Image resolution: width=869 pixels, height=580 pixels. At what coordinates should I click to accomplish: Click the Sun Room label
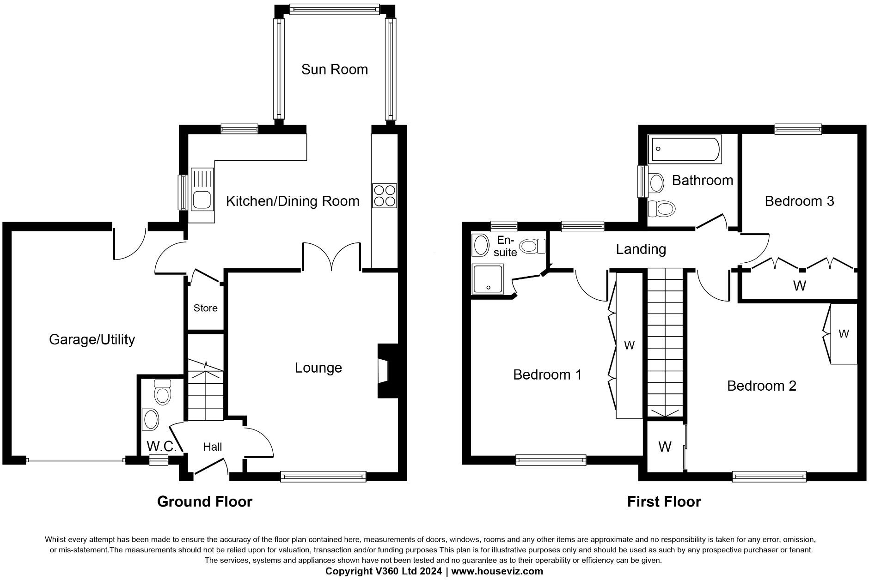[x=334, y=70]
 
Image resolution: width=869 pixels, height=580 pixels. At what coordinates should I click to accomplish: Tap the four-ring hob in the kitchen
[x=384, y=196]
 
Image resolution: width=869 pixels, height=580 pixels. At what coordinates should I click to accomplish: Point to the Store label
[x=205, y=308]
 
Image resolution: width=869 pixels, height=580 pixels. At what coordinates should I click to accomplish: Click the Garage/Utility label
[x=92, y=339]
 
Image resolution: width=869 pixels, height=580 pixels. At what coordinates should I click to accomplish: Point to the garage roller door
[x=75, y=460]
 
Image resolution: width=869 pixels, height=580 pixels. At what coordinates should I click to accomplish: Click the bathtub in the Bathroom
[x=685, y=149]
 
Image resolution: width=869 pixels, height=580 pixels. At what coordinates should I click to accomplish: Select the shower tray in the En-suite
[x=488, y=279]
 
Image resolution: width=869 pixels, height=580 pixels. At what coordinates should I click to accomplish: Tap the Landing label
[x=641, y=249]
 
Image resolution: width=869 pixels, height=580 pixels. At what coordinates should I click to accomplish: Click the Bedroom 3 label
[x=799, y=201]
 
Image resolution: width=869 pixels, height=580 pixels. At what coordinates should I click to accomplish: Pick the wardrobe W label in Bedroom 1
[x=629, y=345]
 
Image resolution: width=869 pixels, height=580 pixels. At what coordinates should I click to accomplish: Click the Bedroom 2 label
[x=761, y=386]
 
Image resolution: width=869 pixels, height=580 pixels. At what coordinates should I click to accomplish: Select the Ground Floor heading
[x=205, y=501]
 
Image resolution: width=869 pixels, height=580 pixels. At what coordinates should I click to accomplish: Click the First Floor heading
[x=664, y=501]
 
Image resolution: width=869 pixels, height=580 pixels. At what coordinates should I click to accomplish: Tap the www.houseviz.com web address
[x=497, y=571]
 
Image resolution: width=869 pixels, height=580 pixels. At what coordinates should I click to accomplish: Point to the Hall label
[x=212, y=447]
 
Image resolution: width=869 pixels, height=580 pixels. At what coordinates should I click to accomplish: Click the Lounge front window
[x=323, y=477]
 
